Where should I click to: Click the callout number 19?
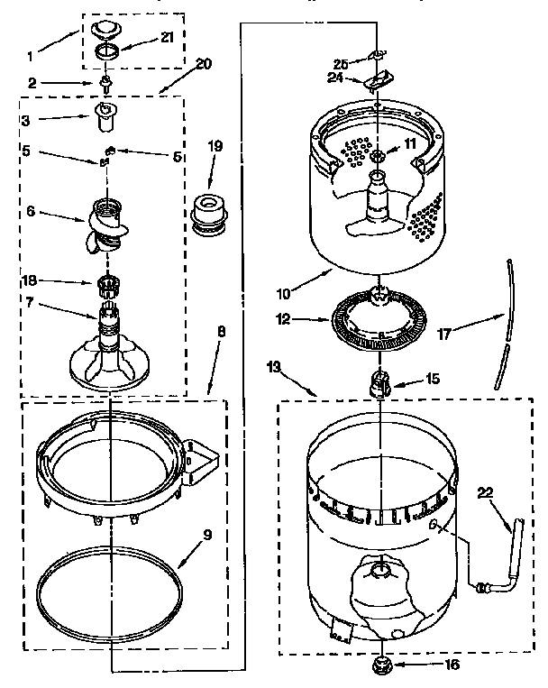[215, 146]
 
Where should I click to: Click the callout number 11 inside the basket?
[410, 143]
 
